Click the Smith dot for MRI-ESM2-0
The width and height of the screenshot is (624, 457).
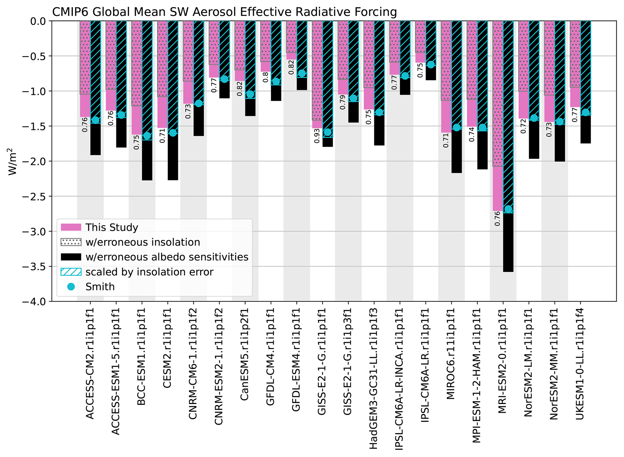point(508,209)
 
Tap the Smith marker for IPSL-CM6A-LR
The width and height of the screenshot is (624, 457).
point(431,65)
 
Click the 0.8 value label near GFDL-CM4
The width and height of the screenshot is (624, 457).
point(266,77)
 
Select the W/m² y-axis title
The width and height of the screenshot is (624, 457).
point(12,161)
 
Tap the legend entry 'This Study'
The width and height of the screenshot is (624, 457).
point(111,227)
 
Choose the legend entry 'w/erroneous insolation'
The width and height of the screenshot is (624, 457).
point(142,242)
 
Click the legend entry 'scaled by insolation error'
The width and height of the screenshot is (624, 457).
point(149,272)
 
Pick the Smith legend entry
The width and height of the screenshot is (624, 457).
point(100,287)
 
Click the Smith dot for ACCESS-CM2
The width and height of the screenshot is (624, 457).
point(95,120)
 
